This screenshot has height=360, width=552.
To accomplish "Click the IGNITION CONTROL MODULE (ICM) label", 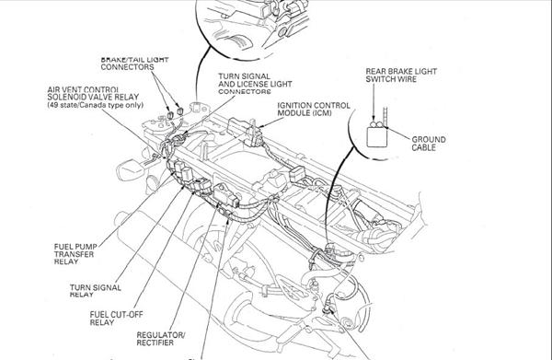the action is click(314, 110).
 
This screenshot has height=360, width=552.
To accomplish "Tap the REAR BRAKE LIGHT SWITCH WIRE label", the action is click(401, 75).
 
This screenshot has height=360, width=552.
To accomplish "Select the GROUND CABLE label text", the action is click(429, 144).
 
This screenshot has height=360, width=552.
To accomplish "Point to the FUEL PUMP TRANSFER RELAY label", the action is click(75, 254).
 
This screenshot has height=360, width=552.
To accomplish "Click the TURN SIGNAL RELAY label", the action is click(96, 291).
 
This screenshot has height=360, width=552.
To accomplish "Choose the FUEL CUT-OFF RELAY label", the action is click(116, 318).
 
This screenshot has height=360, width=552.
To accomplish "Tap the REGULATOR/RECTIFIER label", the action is click(160, 339).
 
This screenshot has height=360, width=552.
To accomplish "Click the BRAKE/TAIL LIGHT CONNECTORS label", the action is click(134, 64).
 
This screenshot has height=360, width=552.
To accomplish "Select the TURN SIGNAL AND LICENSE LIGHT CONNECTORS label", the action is click(255, 84).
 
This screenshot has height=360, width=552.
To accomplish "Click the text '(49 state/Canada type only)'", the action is click(96, 105).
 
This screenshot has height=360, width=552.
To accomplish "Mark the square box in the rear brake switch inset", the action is click(377, 137).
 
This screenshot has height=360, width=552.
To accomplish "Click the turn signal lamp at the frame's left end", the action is click(131, 169).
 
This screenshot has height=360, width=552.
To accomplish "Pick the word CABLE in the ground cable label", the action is click(424, 147).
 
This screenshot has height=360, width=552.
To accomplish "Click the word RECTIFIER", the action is click(155, 343).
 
